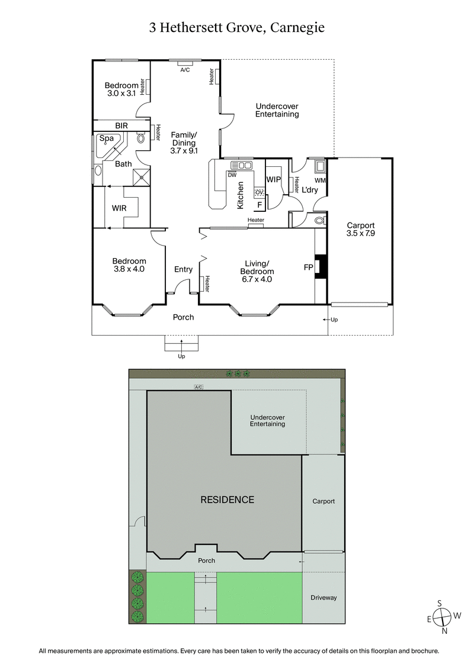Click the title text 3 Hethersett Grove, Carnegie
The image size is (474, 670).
(237, 27)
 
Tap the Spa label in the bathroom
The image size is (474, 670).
(106, 138)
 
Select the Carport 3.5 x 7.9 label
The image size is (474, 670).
(361, 229)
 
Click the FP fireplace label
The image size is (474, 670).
(308, 268)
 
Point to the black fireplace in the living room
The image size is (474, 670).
(321, 266)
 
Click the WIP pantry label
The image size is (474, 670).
(273, 179)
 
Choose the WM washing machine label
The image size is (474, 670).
(321, 180)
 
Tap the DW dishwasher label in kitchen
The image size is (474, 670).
(232, 175)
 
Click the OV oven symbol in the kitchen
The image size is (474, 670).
(259, 192)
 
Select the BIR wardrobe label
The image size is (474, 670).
(121, 125)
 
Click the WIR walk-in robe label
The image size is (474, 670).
(120, 208)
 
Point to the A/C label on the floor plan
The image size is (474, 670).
(185, 70)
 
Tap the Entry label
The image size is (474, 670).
(183, 269)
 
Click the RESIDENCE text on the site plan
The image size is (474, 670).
(227, 500)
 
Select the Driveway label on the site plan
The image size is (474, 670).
(324, 597)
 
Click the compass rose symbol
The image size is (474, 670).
(440, 617)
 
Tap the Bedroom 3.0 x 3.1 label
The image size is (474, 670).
(121, 89)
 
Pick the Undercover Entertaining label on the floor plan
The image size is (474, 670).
(277, 110)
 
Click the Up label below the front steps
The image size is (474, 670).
(181, 356)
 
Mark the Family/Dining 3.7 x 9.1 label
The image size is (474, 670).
(184, 143)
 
